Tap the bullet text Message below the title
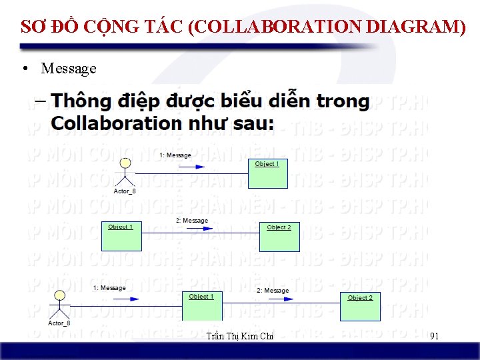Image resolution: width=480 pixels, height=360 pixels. click(69, 68)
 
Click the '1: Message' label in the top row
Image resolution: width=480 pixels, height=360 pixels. click(175, 155)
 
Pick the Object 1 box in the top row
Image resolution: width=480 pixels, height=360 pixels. click(268, 173)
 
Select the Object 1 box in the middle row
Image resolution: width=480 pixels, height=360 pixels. click(121, 236)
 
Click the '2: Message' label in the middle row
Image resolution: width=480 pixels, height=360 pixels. click(192, 221)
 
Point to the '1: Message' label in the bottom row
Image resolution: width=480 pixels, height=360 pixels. click(109, 288)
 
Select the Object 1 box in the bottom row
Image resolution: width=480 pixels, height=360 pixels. click(202, 307)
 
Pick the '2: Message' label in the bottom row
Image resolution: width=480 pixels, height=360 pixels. click(273, 291)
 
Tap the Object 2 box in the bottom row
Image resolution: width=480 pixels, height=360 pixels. click(360, 307)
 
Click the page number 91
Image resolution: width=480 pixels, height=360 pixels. click(435, 336)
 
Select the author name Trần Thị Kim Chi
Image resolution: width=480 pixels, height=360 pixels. click(240, 337)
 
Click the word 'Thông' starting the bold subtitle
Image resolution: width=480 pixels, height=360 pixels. click(82, 102)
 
